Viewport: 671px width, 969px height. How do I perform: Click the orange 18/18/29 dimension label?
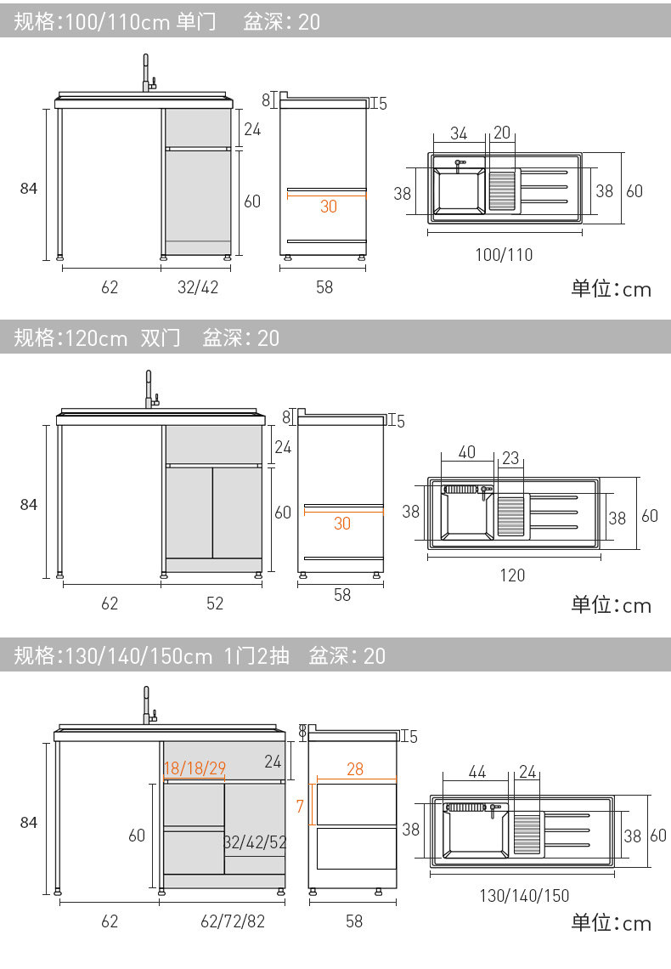195,768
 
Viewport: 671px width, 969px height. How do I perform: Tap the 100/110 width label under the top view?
505,254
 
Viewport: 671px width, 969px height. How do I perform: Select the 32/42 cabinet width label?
198,287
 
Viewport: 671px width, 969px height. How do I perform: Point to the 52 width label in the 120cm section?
215,603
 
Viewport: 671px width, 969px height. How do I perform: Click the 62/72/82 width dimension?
233,921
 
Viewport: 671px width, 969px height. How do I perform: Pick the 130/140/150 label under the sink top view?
524,895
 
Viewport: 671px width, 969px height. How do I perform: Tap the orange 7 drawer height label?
300,805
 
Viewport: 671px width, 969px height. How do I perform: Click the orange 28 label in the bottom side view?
355,768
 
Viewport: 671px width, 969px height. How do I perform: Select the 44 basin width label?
476,772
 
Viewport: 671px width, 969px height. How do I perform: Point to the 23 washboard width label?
510,456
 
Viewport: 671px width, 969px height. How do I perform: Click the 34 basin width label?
459,133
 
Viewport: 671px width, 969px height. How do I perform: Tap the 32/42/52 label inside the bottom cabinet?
256,842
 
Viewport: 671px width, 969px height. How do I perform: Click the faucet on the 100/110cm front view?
147,74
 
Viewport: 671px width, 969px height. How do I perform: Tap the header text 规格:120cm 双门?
97,337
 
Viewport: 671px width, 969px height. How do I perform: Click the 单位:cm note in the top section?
611,289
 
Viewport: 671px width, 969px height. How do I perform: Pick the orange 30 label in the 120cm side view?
342,524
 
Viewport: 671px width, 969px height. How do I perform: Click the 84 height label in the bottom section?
29,822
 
